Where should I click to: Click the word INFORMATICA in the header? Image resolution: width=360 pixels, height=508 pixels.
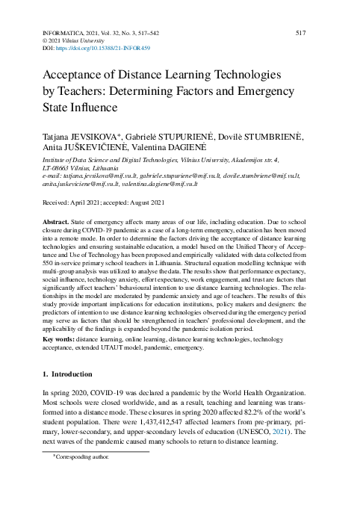click(62, 34)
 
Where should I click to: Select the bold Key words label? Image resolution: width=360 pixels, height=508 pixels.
click(58, 338)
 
